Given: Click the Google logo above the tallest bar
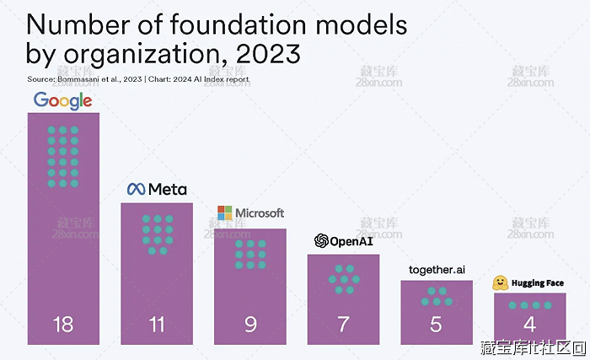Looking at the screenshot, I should tap(63, 101).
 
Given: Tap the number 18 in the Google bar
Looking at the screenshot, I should tap(63, 325).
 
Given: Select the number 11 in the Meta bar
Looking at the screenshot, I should tap(156, 325).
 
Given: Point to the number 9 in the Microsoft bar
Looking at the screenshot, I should tap(250, 325).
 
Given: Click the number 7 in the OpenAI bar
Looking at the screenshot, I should tap(343, 325).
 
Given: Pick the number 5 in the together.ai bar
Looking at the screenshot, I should tap(437, 325).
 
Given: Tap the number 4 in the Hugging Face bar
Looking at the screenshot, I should tap(529, 325).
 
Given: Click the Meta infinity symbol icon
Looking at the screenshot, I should tap(136, 190).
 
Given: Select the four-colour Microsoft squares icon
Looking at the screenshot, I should tap(223, 213).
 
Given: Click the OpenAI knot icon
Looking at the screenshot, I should tap(321, 241).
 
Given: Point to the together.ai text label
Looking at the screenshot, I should tap(437, 269).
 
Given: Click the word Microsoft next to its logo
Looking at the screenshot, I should tap(260, 213).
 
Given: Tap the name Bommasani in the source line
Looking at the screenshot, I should tap(78, 79).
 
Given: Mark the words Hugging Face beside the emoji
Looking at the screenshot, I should tap(537, 283).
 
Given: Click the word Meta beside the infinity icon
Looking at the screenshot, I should tap(167, 190).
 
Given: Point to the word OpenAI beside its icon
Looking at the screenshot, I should tap(351, 241).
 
